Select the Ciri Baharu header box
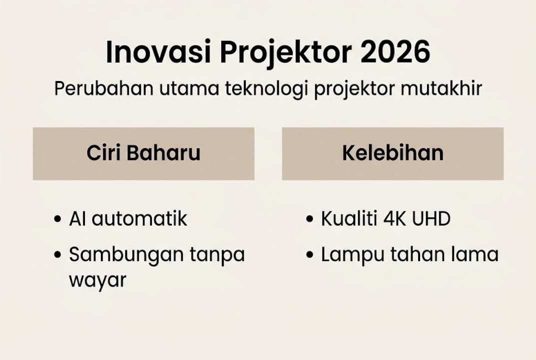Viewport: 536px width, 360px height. (143, 153)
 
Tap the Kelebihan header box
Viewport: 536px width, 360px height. (393, 153)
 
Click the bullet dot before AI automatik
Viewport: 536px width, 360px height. (57, 219)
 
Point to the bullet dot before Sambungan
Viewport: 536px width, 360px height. (57, 255)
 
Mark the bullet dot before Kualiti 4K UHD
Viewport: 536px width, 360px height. (310, 219)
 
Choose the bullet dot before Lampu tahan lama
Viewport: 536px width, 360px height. (310, 255)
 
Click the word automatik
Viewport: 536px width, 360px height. (139, 219)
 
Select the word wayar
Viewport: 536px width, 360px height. (97, 280)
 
